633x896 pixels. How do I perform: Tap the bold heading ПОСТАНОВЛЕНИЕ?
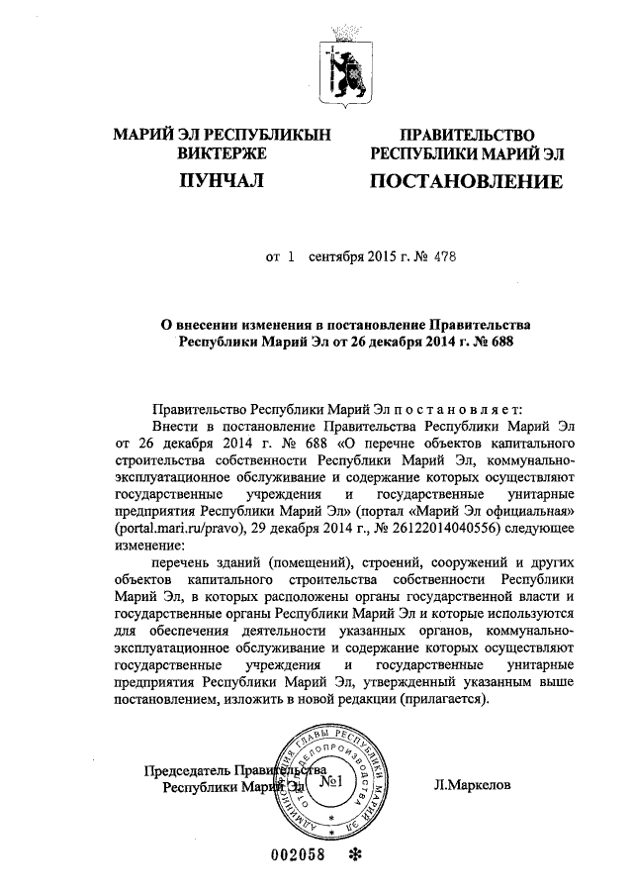point(466,182)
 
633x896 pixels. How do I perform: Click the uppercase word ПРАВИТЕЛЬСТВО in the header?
point(466,135)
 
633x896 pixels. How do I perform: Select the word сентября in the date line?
point(336,257)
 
